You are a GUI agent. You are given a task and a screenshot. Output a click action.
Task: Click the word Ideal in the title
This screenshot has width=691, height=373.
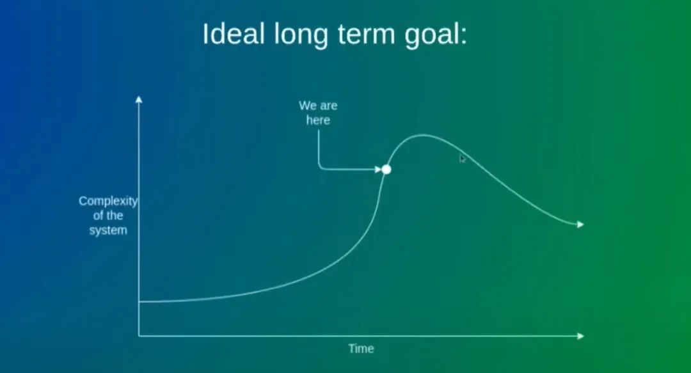click(x=234, y=33)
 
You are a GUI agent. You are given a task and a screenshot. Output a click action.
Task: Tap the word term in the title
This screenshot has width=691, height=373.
click(x=366, y=35)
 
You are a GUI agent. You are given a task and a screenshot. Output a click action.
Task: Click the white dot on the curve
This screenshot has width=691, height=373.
click(x=386, y=170)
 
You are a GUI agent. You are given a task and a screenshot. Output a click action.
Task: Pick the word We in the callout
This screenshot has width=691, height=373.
click(x=308, y=106)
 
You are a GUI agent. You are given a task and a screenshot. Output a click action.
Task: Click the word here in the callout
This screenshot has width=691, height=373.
click(x=318, y=120)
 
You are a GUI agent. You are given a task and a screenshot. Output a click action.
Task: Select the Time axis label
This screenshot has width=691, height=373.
click(x=361, y=349)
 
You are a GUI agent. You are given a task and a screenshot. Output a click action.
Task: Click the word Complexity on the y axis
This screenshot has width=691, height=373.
click(x=108, y=202)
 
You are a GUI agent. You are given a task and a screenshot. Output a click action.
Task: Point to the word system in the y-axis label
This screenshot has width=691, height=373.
click(x=108, y=230)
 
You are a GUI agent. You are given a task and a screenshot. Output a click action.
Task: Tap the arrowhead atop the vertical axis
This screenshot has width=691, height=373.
click(x=139, y=99)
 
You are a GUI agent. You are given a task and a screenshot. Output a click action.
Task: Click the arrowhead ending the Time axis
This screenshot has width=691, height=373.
click(x=580, y=336)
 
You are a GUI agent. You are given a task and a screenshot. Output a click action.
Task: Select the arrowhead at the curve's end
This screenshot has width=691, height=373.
click(x=580, y=225)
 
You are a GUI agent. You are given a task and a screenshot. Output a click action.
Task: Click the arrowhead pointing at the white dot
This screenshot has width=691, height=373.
click(x=378, y=170)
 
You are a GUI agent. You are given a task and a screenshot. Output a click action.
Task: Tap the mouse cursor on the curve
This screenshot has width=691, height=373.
click(x=462, y=159)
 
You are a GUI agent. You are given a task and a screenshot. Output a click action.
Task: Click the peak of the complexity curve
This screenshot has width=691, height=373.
click(x=422, y=135)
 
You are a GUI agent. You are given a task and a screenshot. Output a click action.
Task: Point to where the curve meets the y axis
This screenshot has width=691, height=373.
click(x=139, y=301)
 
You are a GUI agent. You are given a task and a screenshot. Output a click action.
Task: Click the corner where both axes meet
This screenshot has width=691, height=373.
click(x=139, y=336)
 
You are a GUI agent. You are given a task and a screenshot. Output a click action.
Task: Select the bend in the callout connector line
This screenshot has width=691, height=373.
click(x=319, y=168)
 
